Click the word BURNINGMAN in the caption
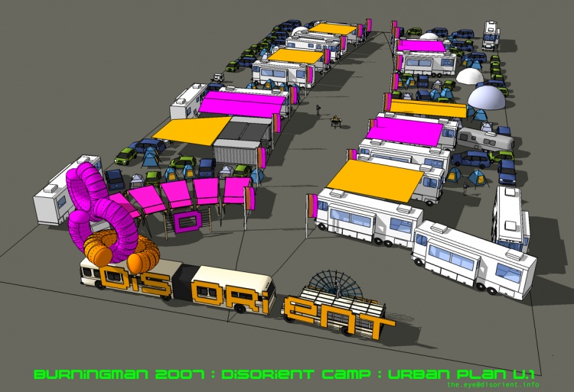[92, 374]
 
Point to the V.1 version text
[523, 374]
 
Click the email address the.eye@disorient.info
[493, 384]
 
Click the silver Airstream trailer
[485, 139]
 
